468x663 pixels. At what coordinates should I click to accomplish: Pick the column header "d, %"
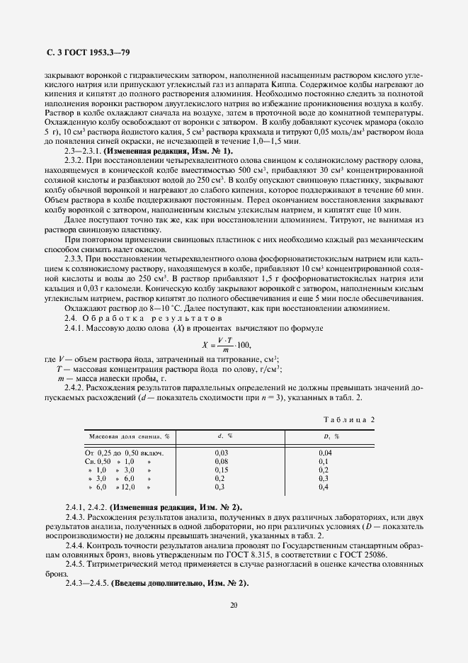[224, 436]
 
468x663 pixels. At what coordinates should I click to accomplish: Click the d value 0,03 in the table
[221, 452]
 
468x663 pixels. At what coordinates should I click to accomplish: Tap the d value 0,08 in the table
[221, 460]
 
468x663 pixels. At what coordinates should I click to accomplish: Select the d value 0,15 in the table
[221, 470]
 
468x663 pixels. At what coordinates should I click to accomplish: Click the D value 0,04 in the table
[325, 452]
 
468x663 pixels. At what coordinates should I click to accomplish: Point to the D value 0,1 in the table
[324, 460]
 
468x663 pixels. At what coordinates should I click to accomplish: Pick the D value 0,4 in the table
[324, 487]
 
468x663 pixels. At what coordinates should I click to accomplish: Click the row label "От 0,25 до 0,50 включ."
[125, 452]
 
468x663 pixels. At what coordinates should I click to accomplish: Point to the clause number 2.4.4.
[74, 546]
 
